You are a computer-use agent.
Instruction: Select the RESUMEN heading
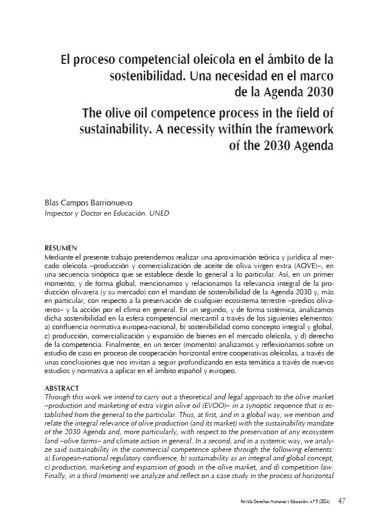click(x=61, y=248)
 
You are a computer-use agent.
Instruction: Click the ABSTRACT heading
click(x=62, y=389)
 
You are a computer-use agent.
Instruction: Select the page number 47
click(x=342, y=501)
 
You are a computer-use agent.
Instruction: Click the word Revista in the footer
click(x=250, y=501)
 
